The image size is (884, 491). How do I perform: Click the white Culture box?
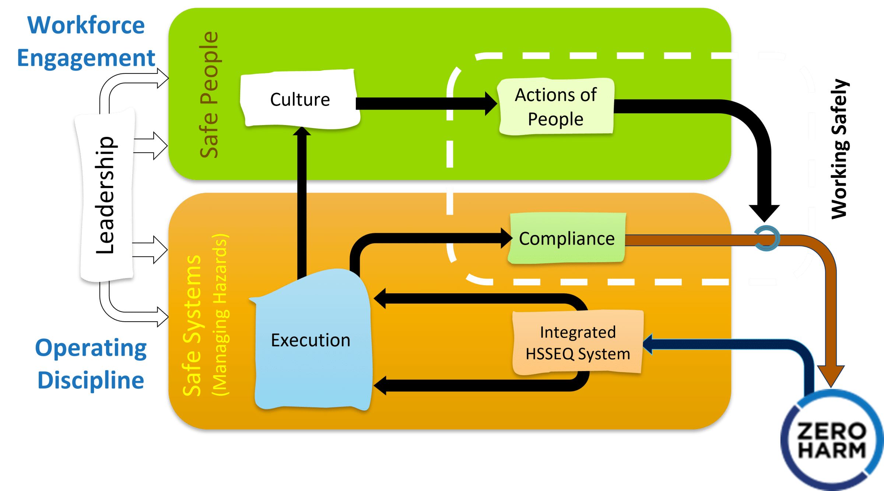tap(300, 99)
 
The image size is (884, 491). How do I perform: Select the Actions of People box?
tap(556, 107)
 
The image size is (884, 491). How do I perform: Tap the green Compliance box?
tap(567, 238)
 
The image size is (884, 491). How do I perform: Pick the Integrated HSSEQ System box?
tap(578, 343)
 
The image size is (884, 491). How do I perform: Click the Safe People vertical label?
tap(209, 95)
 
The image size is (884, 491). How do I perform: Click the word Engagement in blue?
tap(86, 58)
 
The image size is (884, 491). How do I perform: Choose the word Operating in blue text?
tap(91, 348)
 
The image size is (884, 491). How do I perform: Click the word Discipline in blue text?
tap(91, 380)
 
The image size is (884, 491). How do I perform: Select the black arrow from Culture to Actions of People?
tap(424, 104)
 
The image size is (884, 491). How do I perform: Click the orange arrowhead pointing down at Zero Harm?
tap(831, 375)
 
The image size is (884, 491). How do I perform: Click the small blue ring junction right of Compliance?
tap(767, 238)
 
